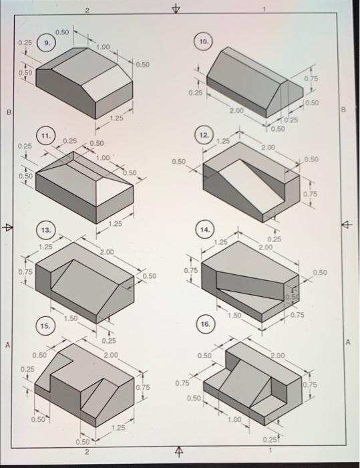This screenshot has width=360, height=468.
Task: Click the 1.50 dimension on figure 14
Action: pyautogui.click(x=234, y=314)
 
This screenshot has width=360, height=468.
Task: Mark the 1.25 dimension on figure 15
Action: pyautogui.click(x=119, y=427)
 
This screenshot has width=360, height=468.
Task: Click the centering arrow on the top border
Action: pyautogui.click(x=176, y=9)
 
